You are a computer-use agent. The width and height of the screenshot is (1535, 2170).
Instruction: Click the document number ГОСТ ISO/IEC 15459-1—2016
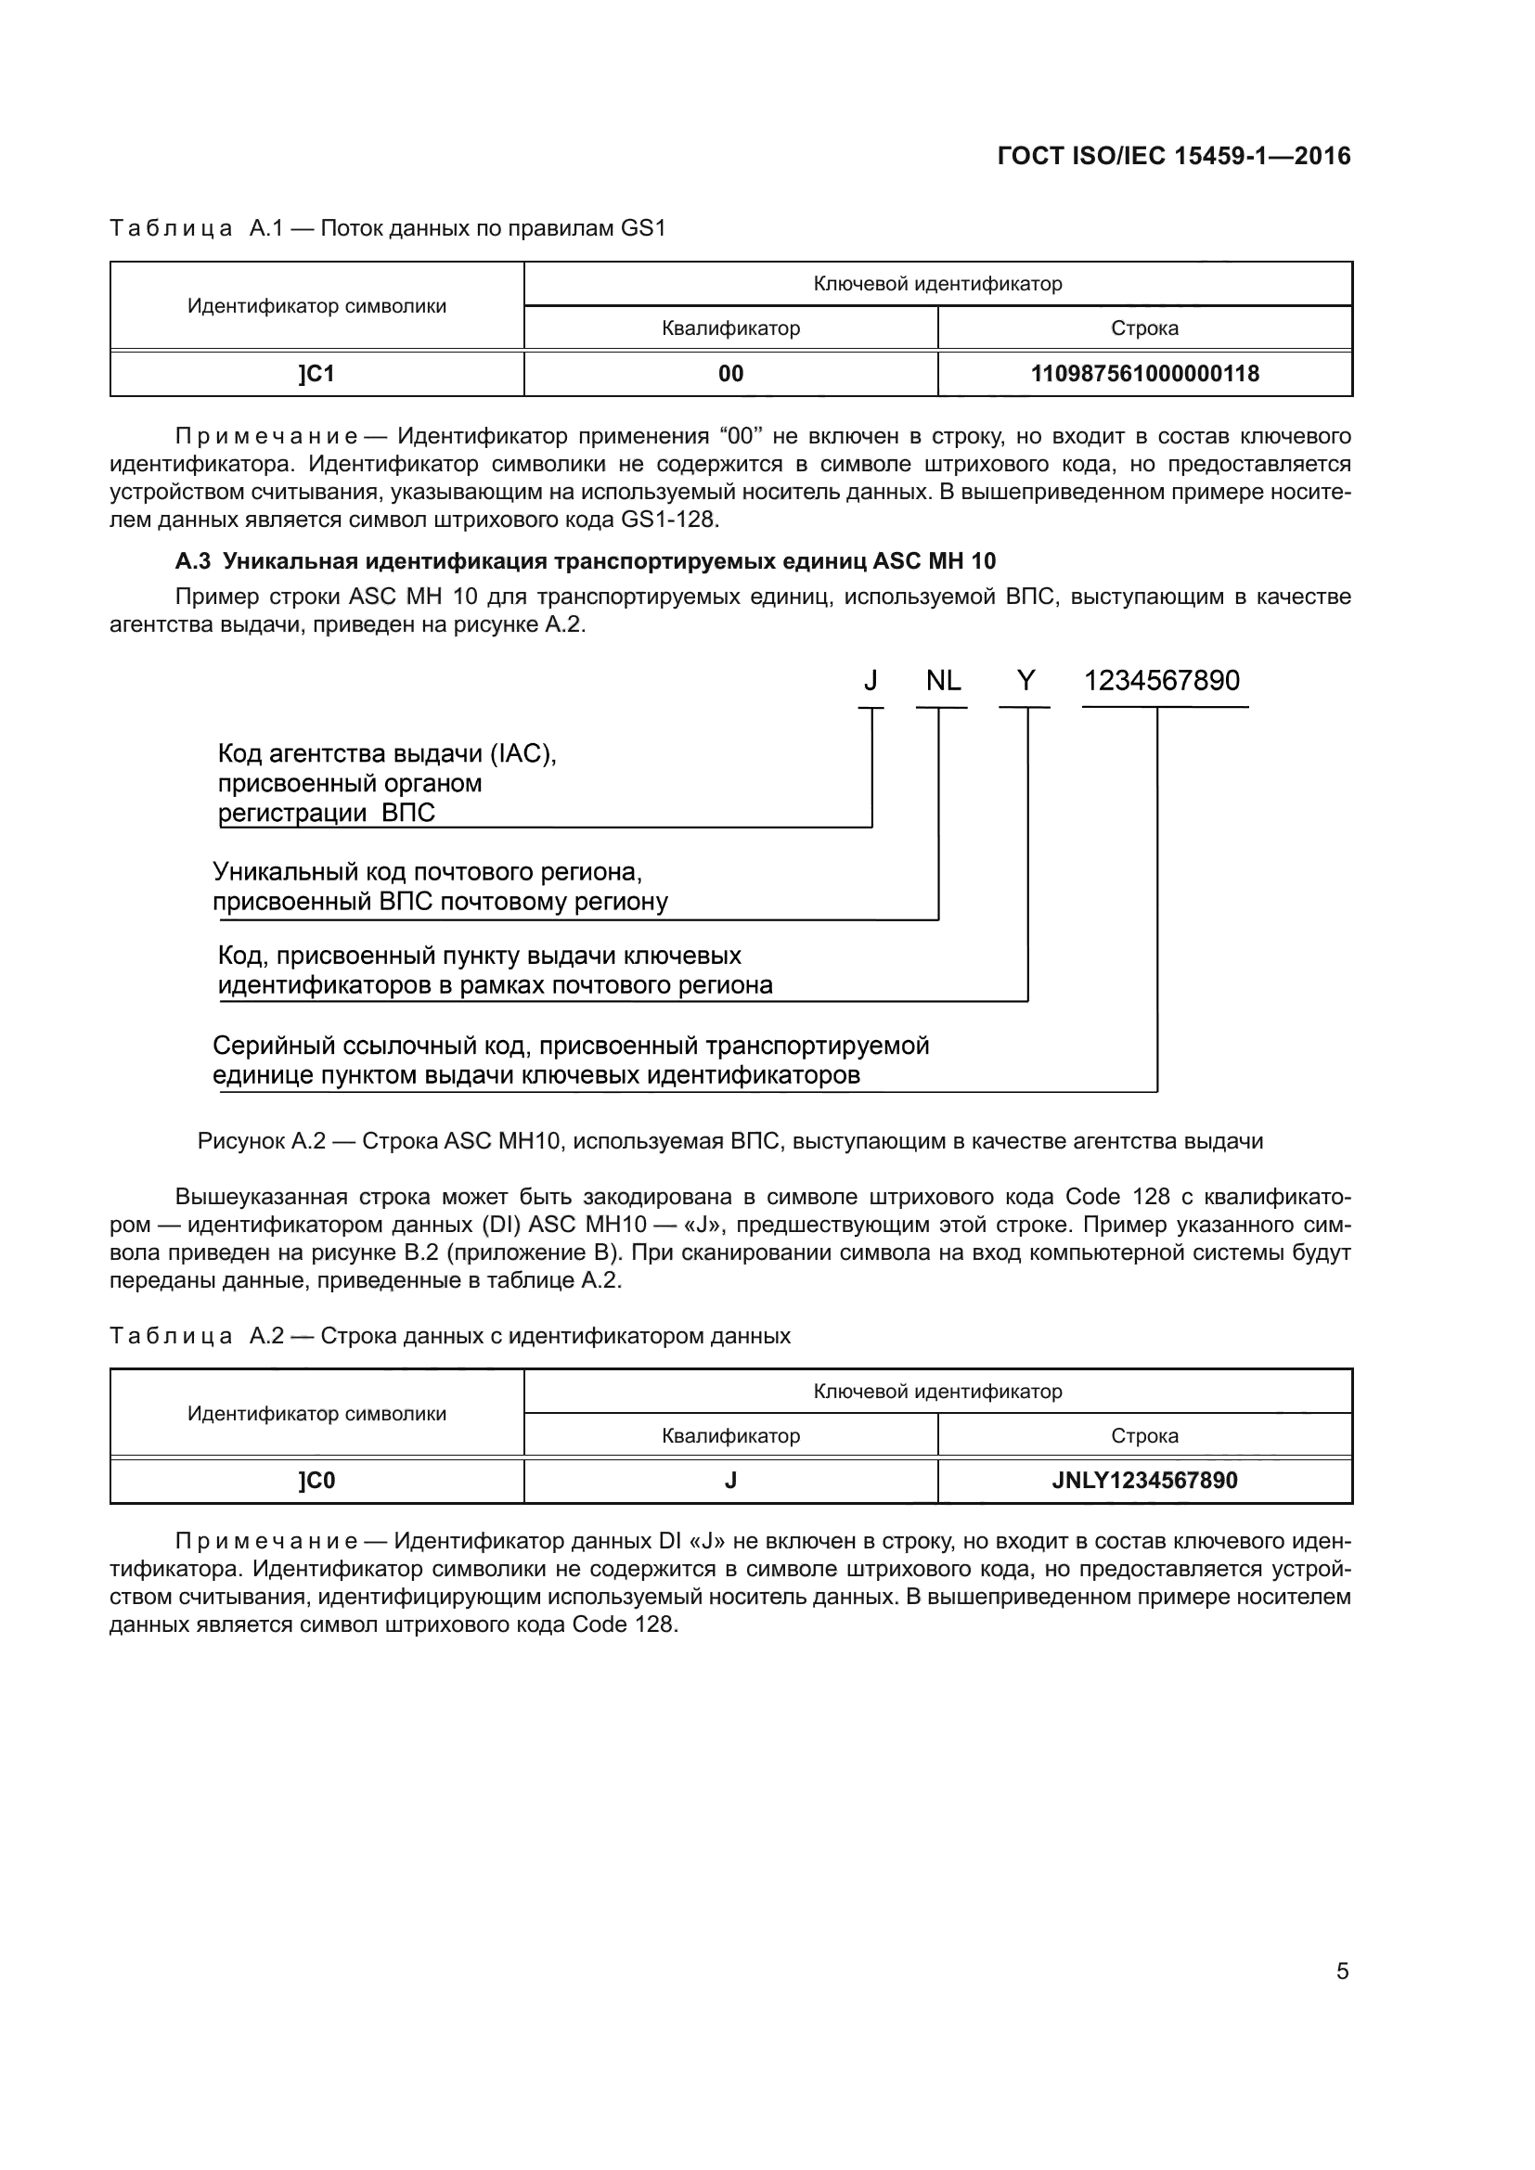tap(1174, 157)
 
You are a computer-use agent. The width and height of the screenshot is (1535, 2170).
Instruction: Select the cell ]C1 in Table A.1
tap(316, 374)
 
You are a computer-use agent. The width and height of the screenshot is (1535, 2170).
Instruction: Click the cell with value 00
tap(730, 374)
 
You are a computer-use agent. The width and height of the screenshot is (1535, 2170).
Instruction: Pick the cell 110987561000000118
tap(1144, 374)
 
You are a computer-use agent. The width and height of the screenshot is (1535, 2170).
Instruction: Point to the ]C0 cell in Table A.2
tap(316, 1481)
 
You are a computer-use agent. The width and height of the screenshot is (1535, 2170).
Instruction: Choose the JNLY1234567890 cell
tap(1144, 1481)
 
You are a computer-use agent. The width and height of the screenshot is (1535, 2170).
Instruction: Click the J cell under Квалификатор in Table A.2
tap(730, 1481)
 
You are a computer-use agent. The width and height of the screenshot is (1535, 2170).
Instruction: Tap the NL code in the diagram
tap(942, 680)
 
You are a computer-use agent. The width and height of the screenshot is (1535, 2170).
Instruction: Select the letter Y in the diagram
tap(1025, 680)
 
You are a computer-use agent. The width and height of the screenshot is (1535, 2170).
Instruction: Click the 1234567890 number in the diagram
tap(1162, 680)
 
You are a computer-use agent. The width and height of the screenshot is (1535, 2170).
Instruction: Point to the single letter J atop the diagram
tap(871, 680)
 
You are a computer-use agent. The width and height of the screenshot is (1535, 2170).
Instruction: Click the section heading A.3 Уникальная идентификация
tap(585, 561)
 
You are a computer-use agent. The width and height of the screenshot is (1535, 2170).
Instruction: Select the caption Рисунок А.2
tap(729, 1142)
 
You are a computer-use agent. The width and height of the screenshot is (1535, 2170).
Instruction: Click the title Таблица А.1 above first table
tap(388, 229)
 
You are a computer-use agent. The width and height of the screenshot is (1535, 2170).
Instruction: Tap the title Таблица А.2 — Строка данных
tap(450, 1336)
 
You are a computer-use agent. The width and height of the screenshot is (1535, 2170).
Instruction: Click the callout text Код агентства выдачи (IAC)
tap(387, 754)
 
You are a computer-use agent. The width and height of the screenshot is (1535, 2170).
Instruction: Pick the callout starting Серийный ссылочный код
tap(571, 1046)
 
